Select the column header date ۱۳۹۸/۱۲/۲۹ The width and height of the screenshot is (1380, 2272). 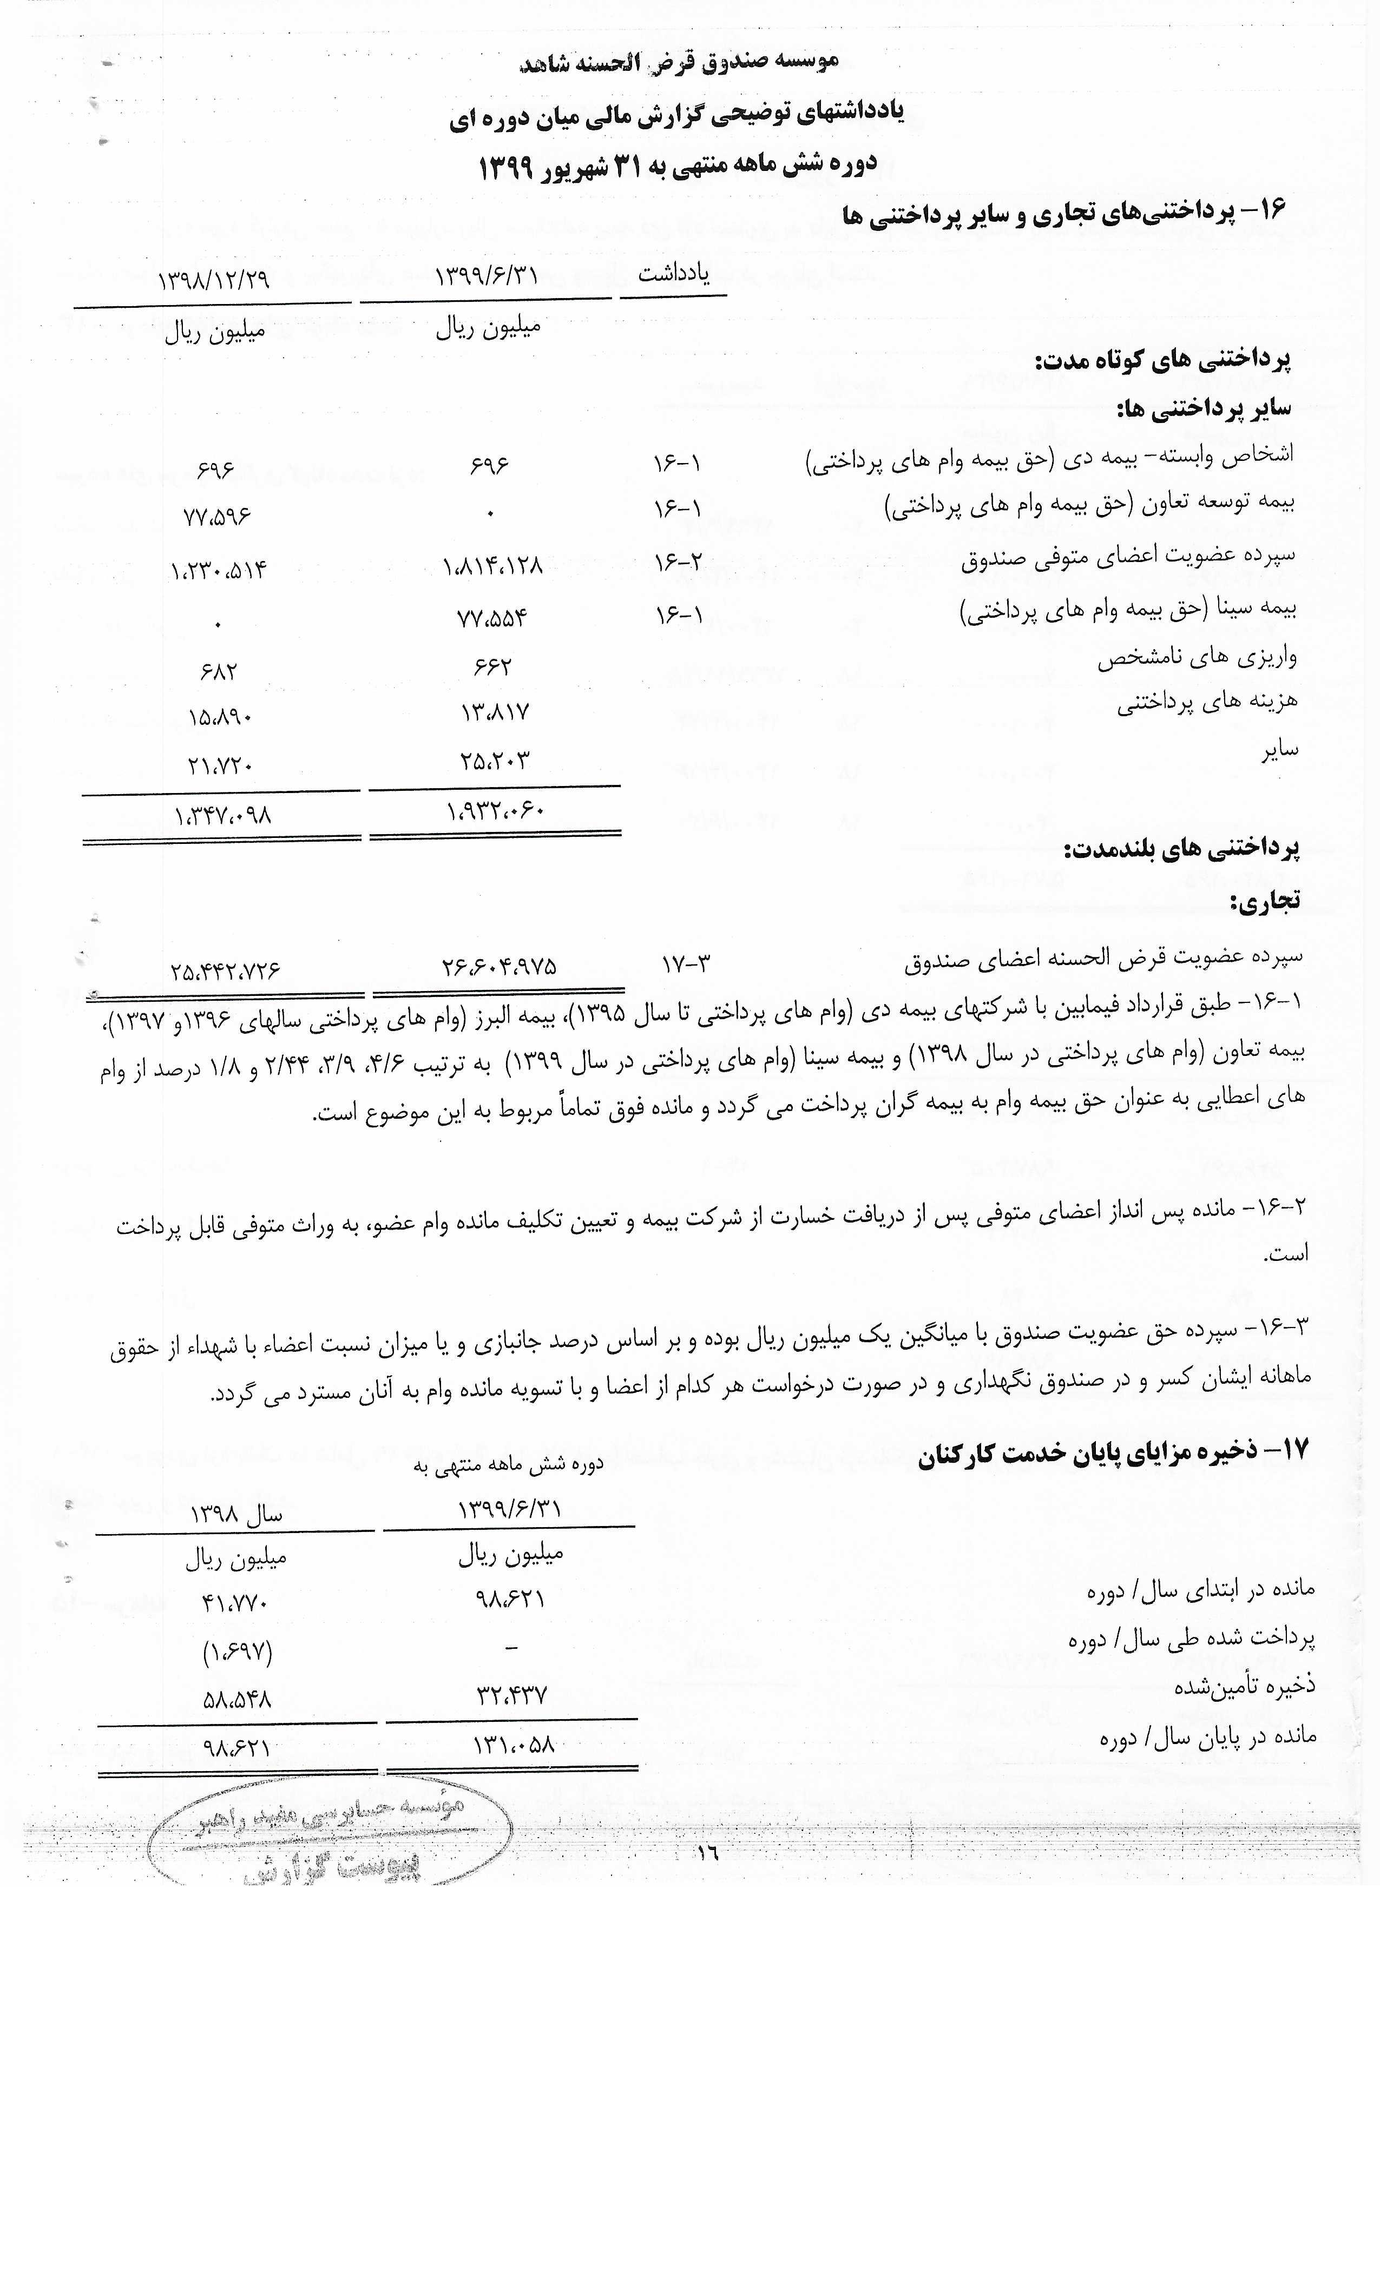(x=214, y=279)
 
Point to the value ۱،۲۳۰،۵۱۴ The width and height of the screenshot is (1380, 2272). (x=219, y=569)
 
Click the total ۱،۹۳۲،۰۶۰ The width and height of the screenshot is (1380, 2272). (x=495, y=811)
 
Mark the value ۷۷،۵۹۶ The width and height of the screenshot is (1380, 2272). (x=217, y=516)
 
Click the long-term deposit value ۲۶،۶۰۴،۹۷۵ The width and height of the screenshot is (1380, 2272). (x=498, y=966)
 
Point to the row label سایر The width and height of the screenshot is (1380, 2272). (x=1280, y=749)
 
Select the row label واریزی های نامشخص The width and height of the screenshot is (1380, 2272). (x=1197, y=657)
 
